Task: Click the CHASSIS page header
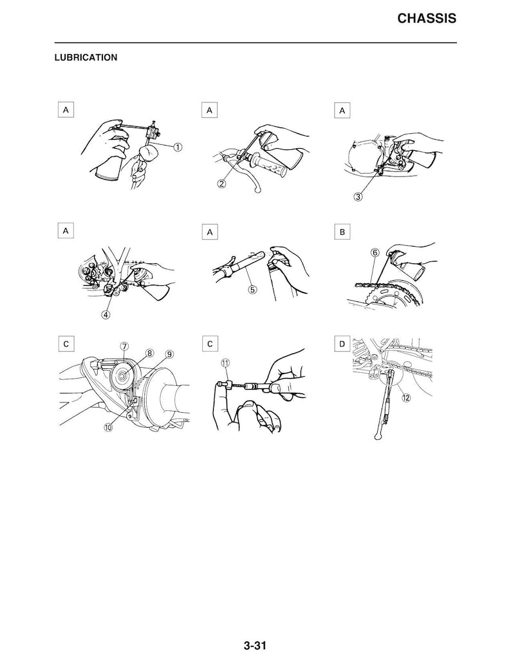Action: [427, 19]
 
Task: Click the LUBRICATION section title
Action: [86, 57]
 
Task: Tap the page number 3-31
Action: [255, 645]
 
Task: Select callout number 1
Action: [178, 147]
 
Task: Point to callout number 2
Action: [222, 184]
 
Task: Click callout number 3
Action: [358, 196]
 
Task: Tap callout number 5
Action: [252, 290]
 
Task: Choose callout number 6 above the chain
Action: [375, 252]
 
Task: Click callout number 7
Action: [124, 346]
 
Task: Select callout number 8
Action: [150, 352]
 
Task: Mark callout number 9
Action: [169, 354]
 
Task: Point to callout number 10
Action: [109, 427]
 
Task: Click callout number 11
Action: [226, 363]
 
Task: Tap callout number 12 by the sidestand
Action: [406, 397]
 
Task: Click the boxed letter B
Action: [342, 232]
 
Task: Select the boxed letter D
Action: [342, 344]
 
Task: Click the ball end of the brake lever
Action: [258, 191]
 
